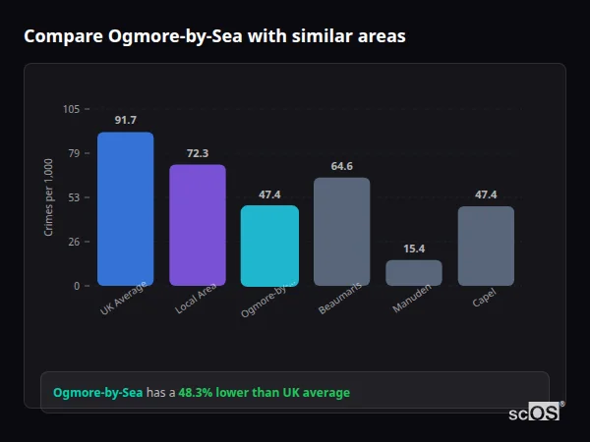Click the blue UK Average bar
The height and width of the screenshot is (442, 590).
click(x=125, y=208)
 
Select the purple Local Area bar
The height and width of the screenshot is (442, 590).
click(x=198, y=225)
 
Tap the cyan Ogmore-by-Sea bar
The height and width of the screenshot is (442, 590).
click(x=269, y=246)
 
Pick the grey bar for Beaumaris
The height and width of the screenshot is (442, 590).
click(x=341, y=232)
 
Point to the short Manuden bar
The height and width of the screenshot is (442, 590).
click(x=414, y=272)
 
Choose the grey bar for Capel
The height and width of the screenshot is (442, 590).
click(x=486, y=246)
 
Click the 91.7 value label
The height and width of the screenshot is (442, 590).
click(x=125, y=120)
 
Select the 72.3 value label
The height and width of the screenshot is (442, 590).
click(x=198, y=153)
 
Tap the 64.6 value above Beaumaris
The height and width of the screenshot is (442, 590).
click(x=341, y=166)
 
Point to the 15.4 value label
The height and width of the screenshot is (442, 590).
click(x=414, y=249)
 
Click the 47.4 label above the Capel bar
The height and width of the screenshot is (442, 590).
click(x=486, y=194)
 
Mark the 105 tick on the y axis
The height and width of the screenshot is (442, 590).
click(x=71, y=109)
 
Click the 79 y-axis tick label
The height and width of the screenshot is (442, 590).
click(x=73, y=153)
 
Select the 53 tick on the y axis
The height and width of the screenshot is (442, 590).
click(x=73, y=197)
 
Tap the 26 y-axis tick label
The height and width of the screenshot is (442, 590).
click(x=73, y=242)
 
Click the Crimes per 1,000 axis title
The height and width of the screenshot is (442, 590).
click(x=48, y=196)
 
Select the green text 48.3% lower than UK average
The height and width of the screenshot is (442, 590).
click(x=264, y=393)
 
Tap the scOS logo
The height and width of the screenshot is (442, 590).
click(x=535, y=413)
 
